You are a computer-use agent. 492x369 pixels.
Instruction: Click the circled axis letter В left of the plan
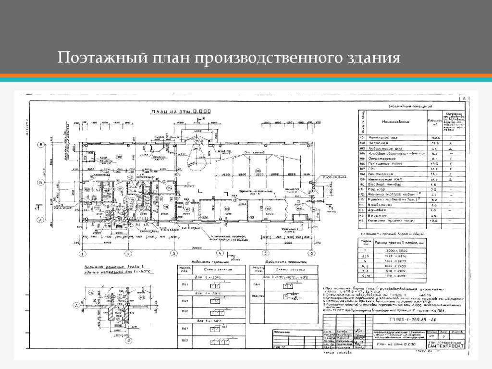point(42,144)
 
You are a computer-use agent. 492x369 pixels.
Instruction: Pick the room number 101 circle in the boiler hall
point(258,171)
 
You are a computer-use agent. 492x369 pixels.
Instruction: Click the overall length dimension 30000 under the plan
point(196,247)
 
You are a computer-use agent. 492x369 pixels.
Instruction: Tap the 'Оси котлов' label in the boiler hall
point(253,153)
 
